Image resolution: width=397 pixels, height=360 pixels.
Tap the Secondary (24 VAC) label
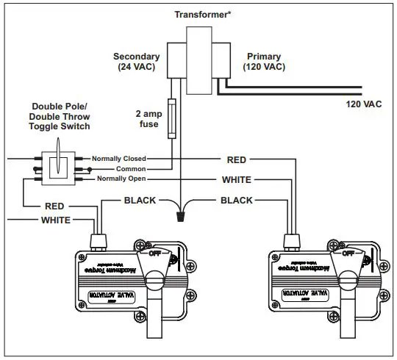(136, 62)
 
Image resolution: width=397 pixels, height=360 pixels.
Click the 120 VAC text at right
(363, 104)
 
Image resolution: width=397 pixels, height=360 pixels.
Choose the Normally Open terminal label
(121, 179)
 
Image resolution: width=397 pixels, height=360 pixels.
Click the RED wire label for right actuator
(236, 159)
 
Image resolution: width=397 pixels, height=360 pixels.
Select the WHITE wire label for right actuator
(236, 180)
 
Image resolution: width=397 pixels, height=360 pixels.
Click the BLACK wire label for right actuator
(236, 200)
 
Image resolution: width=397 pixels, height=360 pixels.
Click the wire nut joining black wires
(182, 216)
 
